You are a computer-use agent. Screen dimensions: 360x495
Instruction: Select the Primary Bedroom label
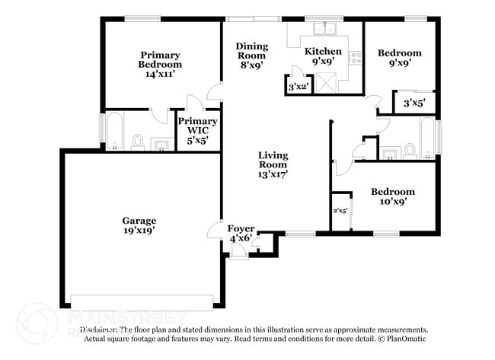point(160,59)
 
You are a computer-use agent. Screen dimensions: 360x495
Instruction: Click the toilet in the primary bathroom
point(138,142)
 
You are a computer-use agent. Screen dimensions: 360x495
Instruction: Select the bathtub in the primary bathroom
point(113,132)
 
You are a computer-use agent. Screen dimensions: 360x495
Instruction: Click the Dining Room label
point(251,50)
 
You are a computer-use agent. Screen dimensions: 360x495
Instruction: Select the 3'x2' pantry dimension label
point(296,88)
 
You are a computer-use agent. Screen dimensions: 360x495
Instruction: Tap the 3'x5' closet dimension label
point(414,102)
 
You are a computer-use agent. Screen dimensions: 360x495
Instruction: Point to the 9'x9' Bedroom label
point(399,58)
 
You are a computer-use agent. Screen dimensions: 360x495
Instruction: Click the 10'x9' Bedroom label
point(392,196)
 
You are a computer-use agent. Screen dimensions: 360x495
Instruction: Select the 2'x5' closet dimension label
point(340,211)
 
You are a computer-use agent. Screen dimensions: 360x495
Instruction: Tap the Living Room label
point(272,164)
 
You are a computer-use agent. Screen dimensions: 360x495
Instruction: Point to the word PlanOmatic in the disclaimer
point(407,338)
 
